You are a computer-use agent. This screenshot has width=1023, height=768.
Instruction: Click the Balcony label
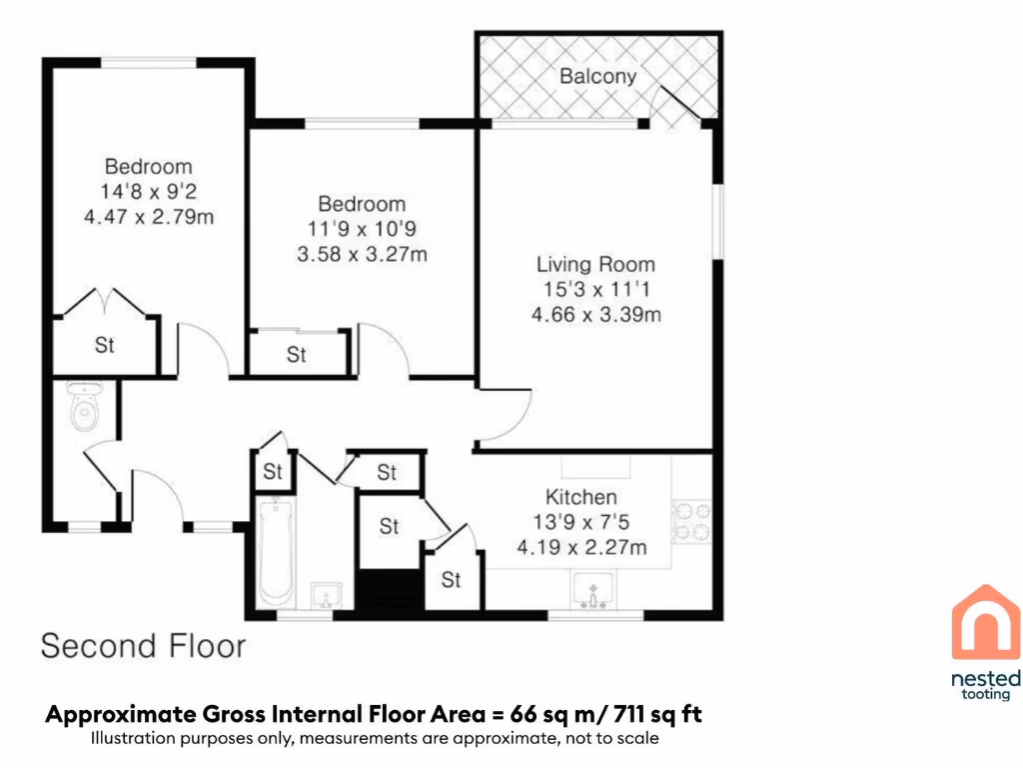coord(597,76)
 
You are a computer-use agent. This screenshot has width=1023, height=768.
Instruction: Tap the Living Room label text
coord(595,265)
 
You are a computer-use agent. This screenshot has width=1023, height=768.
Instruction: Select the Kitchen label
coord(580,497)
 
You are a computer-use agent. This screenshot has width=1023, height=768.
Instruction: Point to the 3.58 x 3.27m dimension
coord(362,254)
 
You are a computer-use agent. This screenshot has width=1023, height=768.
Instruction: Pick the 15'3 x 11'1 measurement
coord(595,290)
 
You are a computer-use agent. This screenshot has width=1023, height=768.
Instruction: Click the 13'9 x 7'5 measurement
coord(580,522)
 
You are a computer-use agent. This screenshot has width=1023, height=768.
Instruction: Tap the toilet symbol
coord(85,405)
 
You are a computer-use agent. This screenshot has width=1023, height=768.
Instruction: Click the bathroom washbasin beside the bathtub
coord(326,596)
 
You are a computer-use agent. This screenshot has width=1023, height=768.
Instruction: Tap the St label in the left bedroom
coord(105,346)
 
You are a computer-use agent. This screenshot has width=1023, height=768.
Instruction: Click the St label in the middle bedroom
coord(297,355)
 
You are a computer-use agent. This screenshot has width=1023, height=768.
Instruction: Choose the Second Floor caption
coord(143,645)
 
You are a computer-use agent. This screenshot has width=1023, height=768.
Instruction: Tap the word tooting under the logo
coord(985,695)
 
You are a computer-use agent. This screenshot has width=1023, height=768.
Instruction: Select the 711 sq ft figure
coord(658,715)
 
